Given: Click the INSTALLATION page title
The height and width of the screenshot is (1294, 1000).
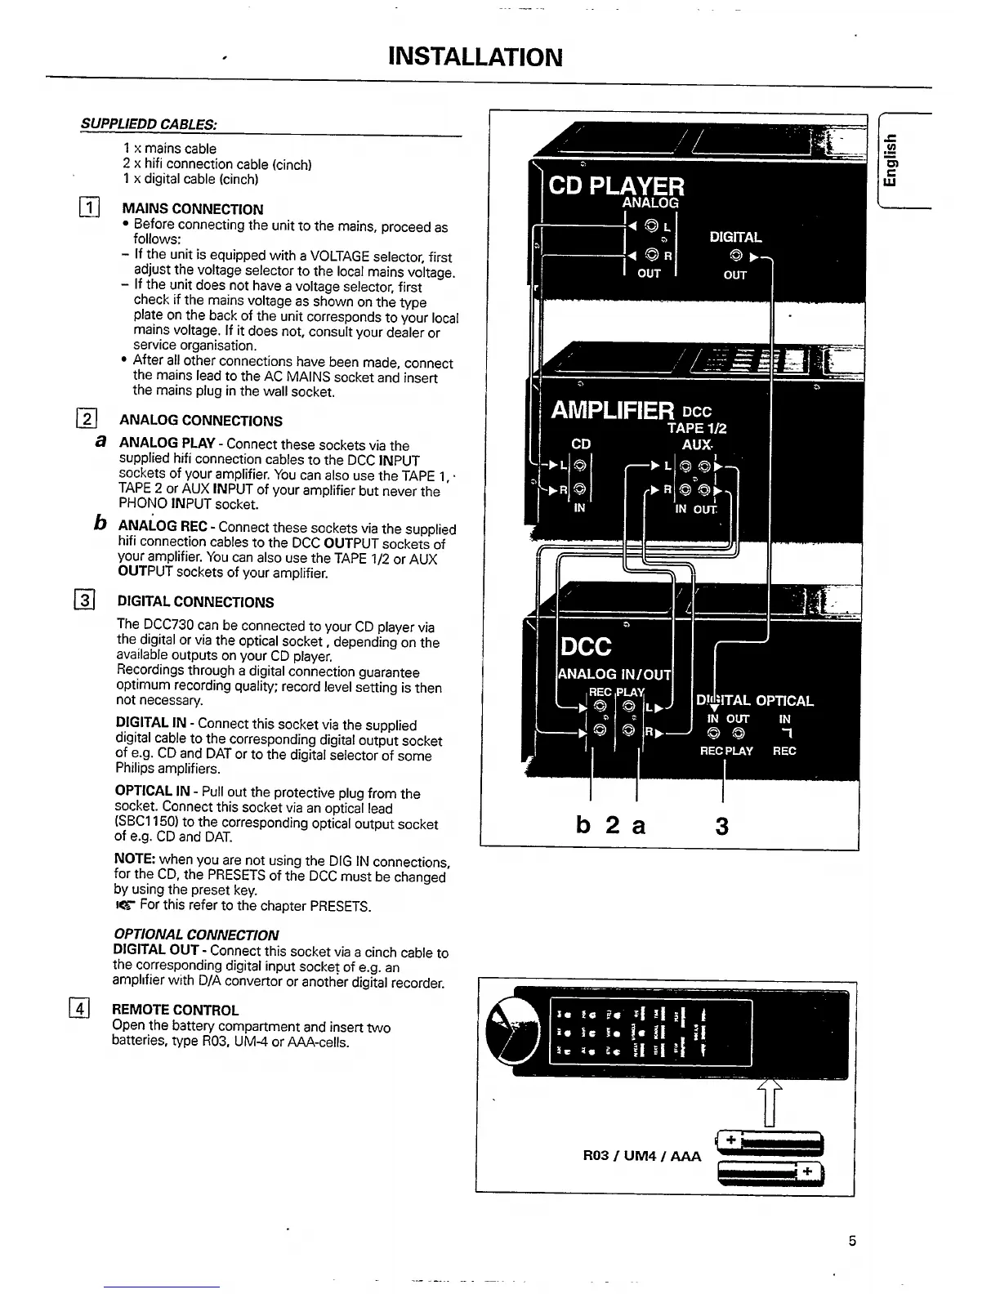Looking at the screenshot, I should pos(475,57).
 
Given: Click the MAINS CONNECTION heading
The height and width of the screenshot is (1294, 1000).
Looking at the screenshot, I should pos(192,209).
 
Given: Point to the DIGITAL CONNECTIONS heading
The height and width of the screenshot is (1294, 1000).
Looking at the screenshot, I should pos(195,602).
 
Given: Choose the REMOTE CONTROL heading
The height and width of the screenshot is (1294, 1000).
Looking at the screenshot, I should pos(175,1010).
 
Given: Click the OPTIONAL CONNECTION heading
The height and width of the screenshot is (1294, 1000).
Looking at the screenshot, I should pos(195,935).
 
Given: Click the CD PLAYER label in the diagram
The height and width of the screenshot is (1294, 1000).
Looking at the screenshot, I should pos(616,185).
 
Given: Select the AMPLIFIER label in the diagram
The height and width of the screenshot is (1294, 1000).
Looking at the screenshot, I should pos(613,409).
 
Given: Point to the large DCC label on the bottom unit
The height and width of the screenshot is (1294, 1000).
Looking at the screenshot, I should pos(585,647).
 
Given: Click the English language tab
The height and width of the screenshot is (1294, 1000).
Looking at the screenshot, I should pos(895,161).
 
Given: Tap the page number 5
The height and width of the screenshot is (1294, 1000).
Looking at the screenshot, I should pos(852,1242).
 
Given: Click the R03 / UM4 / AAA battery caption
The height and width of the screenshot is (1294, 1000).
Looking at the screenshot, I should pos(641,1156).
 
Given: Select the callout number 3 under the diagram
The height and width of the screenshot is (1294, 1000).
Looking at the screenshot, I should pos(721,827).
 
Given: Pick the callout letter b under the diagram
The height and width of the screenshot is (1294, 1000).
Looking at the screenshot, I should pos(583,826).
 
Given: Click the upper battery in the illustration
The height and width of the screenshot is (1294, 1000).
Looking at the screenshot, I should pos(770,1141).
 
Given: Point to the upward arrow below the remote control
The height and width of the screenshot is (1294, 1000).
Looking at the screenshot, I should pos(770,1100).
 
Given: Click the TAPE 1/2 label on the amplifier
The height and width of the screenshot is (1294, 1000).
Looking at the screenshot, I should pos(696,428).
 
